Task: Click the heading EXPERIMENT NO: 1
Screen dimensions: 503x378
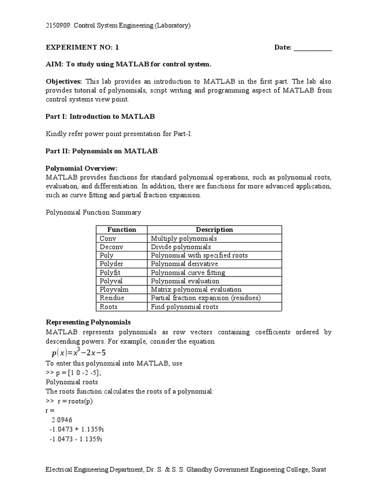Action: [x=82, y=48]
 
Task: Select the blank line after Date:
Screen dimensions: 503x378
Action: [x=313, y=48]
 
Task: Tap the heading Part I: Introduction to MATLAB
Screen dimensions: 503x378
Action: [x=100, y=117]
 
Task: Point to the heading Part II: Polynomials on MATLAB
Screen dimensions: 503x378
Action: [x=102, y=151]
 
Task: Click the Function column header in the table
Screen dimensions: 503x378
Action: [x=122, y=229]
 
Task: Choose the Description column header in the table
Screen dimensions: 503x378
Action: [x=215, y=229]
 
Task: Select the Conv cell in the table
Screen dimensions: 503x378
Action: [x=108, y=238]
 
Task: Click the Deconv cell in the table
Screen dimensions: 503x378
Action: [x=111, y=247]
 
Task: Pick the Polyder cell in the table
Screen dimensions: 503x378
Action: [x=112, y=264]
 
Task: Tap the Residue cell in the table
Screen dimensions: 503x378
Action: [x=112, y=298]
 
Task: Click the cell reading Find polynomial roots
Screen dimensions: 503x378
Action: [x=185, y=307]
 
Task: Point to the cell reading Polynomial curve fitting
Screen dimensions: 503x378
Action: [x=188, y=273]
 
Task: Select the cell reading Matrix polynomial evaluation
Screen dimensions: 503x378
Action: [x=196, y=290]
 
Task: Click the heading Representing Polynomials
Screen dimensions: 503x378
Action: [x=88, y=322]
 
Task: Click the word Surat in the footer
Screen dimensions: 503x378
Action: [x=318, y=470]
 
